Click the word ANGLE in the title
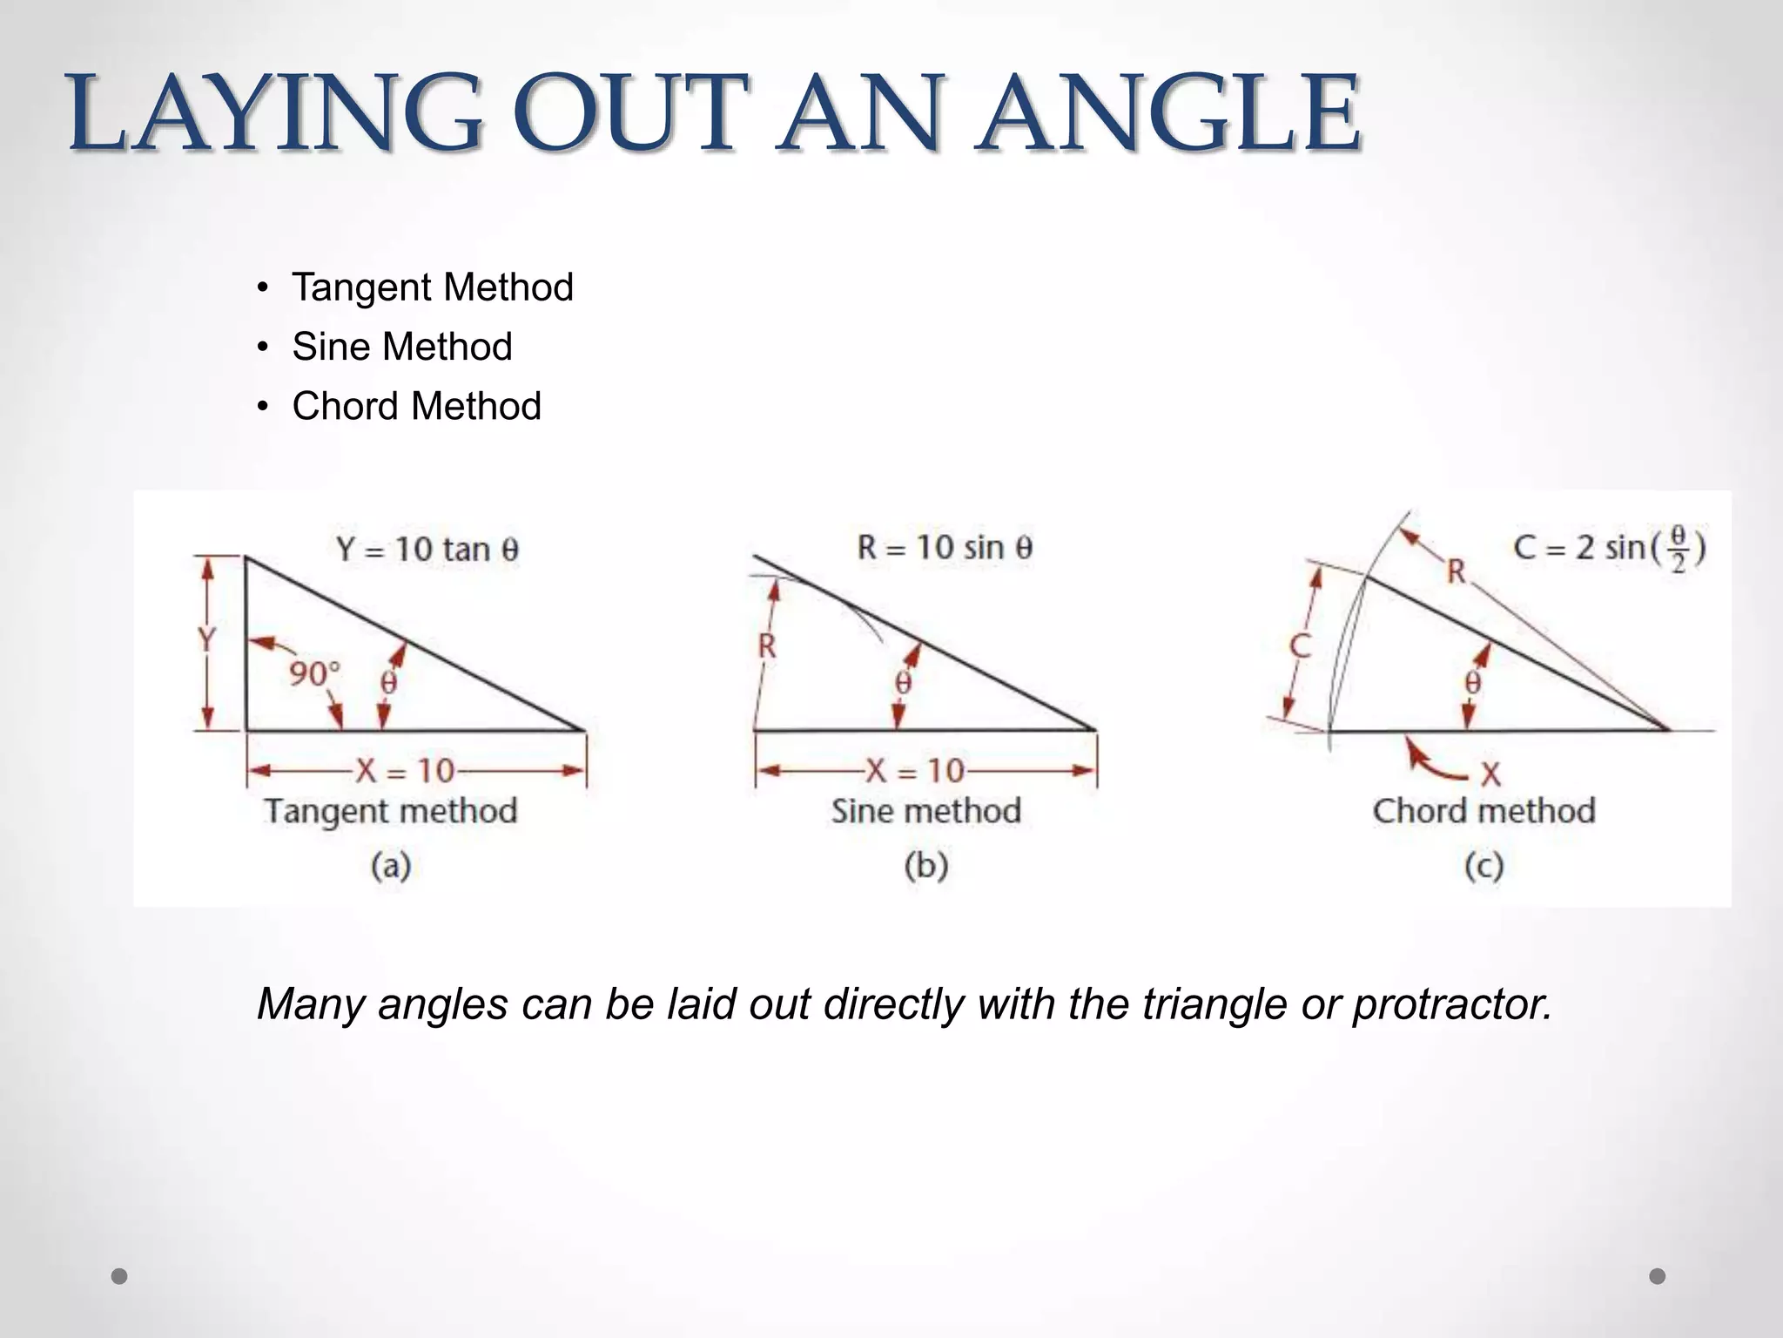coord(1167,113)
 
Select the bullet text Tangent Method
coord(433,287)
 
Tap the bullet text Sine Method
coord(402,347)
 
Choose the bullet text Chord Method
coord(416,406)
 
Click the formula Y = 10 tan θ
coord(427,549)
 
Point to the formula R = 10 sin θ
coord(945,547)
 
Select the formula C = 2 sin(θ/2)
coord(1609,549)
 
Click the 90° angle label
coord(313,673)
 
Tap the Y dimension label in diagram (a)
coord(206,640)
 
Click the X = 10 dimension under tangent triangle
coord(406,770)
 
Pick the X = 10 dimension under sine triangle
coord(915,770)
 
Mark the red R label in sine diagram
coord(767,646)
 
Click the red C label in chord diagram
coord(1300,646)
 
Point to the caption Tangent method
coord(391,811)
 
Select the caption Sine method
coord(925,811)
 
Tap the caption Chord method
coord(1484,811)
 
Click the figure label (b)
coord(925,866)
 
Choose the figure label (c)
coord(1484,866)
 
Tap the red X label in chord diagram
coord(1490,773)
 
